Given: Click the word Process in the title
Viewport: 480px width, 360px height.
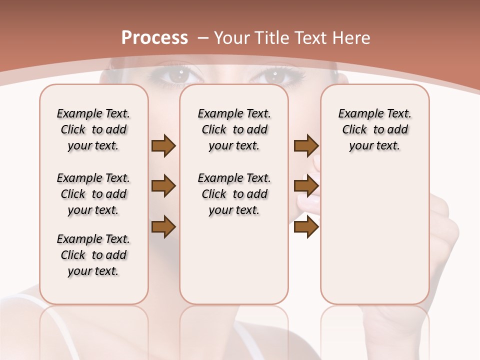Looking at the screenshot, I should tap(154, 37).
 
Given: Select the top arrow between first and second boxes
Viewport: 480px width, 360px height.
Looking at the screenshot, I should tap(163, 145).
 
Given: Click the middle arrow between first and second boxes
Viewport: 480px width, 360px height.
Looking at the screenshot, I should tap(163, 186).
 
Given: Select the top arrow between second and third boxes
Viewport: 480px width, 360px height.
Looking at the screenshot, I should tap(306, 145).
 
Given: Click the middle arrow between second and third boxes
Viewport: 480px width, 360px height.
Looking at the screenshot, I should tap(306, 186).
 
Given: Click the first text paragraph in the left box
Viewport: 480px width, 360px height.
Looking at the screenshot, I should tap(93, 129).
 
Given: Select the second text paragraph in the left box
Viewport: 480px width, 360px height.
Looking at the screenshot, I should tap(93, 194).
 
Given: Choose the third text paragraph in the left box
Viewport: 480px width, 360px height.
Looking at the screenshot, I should tap(93, 255).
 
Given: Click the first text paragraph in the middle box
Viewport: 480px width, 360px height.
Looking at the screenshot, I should tap(234, 129).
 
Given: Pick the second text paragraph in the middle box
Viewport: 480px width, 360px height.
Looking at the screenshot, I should tap(234, 194).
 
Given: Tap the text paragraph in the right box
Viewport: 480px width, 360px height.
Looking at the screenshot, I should tap(374, 129).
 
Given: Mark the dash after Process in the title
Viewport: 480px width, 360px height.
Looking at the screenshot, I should tap(203, 37).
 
